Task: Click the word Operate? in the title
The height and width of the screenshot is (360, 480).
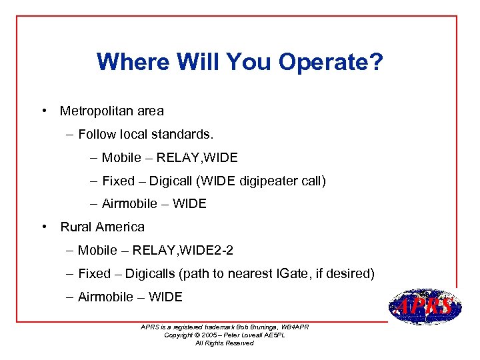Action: [331, 62]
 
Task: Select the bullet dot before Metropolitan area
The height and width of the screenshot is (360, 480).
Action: [43, 111]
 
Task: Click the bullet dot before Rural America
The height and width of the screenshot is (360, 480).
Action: [43, 227]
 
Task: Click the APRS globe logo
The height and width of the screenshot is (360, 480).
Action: [424, 307]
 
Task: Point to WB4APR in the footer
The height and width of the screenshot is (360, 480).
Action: [293, 327]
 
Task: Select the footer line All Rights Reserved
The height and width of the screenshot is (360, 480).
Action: [224, 343]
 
